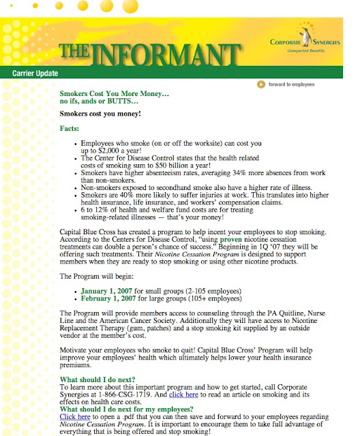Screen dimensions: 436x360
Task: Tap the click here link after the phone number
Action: tap(183, 394)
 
